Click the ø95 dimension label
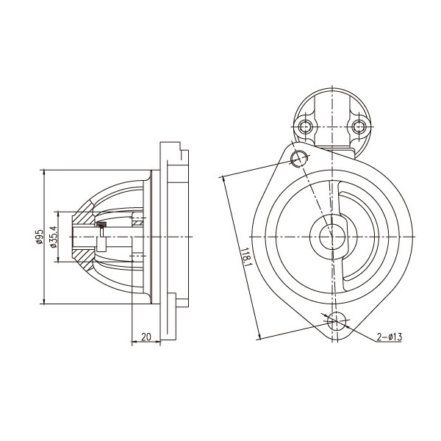pos(40,237)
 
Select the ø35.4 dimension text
pos(54,237)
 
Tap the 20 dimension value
pos(146,337)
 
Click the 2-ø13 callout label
pos(390,337)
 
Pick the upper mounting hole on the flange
pos(298,159)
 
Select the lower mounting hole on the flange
pos(337,321)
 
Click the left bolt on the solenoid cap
pos(305,127)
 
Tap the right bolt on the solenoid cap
pos(359,127)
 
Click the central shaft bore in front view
pos(332,237)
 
